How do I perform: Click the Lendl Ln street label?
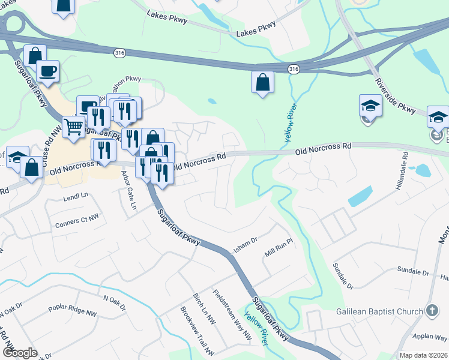click(76, 196)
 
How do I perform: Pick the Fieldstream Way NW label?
click(232, 316)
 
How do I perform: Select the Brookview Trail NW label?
click(197, 331)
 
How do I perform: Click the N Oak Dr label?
click(115, 303)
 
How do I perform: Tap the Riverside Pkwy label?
click(395, 96)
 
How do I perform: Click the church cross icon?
click(431, 310)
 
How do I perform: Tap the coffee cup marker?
click(47, 70)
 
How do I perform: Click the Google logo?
click(19, 353)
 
